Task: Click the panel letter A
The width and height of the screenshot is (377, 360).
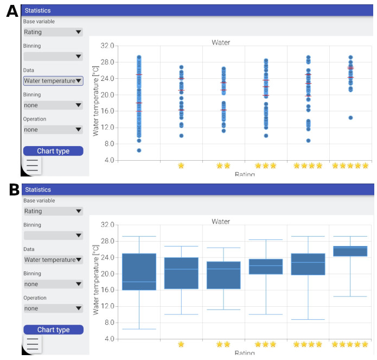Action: click(x=12, y=11)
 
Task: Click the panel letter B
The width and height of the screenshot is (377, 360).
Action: click(x=14, y=190)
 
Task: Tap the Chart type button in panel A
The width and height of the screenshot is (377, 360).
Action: click(x=53, y=151)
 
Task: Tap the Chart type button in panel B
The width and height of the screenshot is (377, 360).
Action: click(x=53, y=330)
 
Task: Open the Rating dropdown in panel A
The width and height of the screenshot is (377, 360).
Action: click(x=53, y=32)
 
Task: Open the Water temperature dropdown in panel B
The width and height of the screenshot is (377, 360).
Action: click(x=53, y=260)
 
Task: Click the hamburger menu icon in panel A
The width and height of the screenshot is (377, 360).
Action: click(x=33, y=165)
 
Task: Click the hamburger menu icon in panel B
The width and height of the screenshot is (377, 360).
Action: click(x=33, y=344)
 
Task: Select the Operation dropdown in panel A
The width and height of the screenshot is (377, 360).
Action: click(x=53, y=130)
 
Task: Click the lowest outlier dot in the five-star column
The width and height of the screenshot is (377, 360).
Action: click(x=350, y=117)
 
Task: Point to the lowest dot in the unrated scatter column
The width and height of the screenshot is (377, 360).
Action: click(x=139, y=150)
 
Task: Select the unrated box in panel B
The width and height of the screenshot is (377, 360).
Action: click(x=139, y=271)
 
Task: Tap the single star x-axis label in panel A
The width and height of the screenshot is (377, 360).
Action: click(x=181, y=166)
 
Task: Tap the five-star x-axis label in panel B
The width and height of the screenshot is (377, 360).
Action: click(x=350, y=344)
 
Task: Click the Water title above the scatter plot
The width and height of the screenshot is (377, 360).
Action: click(x=221, y=42)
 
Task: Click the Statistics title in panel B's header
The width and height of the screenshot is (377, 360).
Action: click(x=38, y=190)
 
